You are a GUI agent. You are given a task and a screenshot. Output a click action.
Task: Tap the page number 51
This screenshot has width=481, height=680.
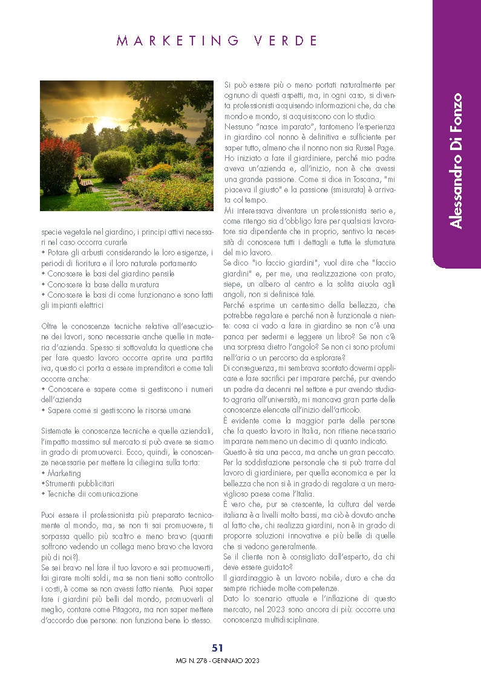coord(218,648)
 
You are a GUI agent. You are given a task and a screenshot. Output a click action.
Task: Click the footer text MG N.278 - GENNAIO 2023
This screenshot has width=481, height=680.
coord(217,661)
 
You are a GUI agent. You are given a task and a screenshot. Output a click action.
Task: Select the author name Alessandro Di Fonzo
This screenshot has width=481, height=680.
coord(457,161)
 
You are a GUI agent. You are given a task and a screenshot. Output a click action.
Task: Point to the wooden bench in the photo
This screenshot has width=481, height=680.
coord(84,183)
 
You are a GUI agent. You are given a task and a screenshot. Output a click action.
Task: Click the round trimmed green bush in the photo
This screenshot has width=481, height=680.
coord(113,165)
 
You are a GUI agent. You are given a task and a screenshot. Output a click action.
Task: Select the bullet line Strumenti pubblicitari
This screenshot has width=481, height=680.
coord(78,483)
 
